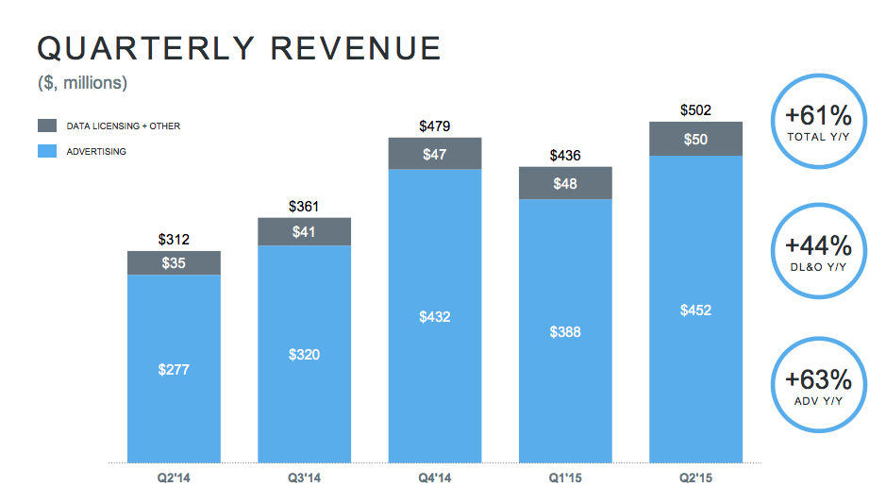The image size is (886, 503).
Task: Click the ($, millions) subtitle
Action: pos(82,84)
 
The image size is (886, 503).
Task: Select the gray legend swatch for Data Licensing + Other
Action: pos(47,126)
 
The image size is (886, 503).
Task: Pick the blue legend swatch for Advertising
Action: pos(47,151)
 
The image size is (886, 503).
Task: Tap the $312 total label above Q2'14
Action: pos(174,240)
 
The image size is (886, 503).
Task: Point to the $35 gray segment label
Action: pos(174,263)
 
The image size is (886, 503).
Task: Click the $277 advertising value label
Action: pos(174,370)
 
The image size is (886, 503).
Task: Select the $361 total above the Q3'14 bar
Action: pos(304,207)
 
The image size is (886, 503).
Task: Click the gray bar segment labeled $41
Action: pos(304,231)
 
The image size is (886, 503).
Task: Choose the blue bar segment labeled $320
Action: pos(304,355)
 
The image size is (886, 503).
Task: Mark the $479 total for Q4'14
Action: pos(435,126)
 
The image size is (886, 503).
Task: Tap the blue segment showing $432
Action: pos(435,317)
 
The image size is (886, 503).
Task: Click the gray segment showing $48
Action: pos(565,183)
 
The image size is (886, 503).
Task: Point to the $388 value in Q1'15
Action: pos(565,332)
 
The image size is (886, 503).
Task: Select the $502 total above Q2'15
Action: pos(695,110)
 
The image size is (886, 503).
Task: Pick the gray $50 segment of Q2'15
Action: pos(695,139)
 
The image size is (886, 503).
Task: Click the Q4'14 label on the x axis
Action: pos(435,478)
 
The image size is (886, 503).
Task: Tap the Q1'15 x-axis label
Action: pos(565,478)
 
